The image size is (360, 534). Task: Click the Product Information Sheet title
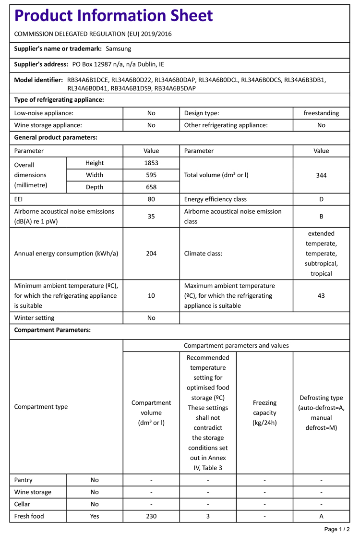click(x=113, y=16)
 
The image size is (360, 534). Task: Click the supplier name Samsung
click(x=118, y=49)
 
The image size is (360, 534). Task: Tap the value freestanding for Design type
click(x=321, y=113)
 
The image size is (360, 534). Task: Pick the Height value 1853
click(x=151, y=163)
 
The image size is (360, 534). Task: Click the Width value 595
click(x=151, y=175)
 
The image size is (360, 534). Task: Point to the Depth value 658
click(x=151, y=187)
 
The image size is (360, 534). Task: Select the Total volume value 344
click(x=321, y=175)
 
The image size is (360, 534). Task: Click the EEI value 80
click(x=151, y=199)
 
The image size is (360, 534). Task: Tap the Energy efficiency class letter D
click(x=321, y=199)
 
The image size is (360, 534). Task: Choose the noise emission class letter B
click(x=321, y=217)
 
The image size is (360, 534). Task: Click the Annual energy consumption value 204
click(x=151, y=254)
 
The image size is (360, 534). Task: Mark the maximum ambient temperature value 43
click(x=321, y=296)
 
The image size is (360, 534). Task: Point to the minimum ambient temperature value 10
click(x=151, y=296)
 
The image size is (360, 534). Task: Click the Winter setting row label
click(x=35, y=318)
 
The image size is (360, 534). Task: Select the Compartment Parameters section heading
click(x=52, y=330)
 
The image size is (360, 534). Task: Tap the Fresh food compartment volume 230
click(x=151, y=516)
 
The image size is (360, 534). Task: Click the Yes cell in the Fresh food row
click(x=95, y=516)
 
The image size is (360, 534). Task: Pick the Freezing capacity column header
click(x=264, y=413)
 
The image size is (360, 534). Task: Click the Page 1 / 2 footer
click(x=337, y=529)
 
